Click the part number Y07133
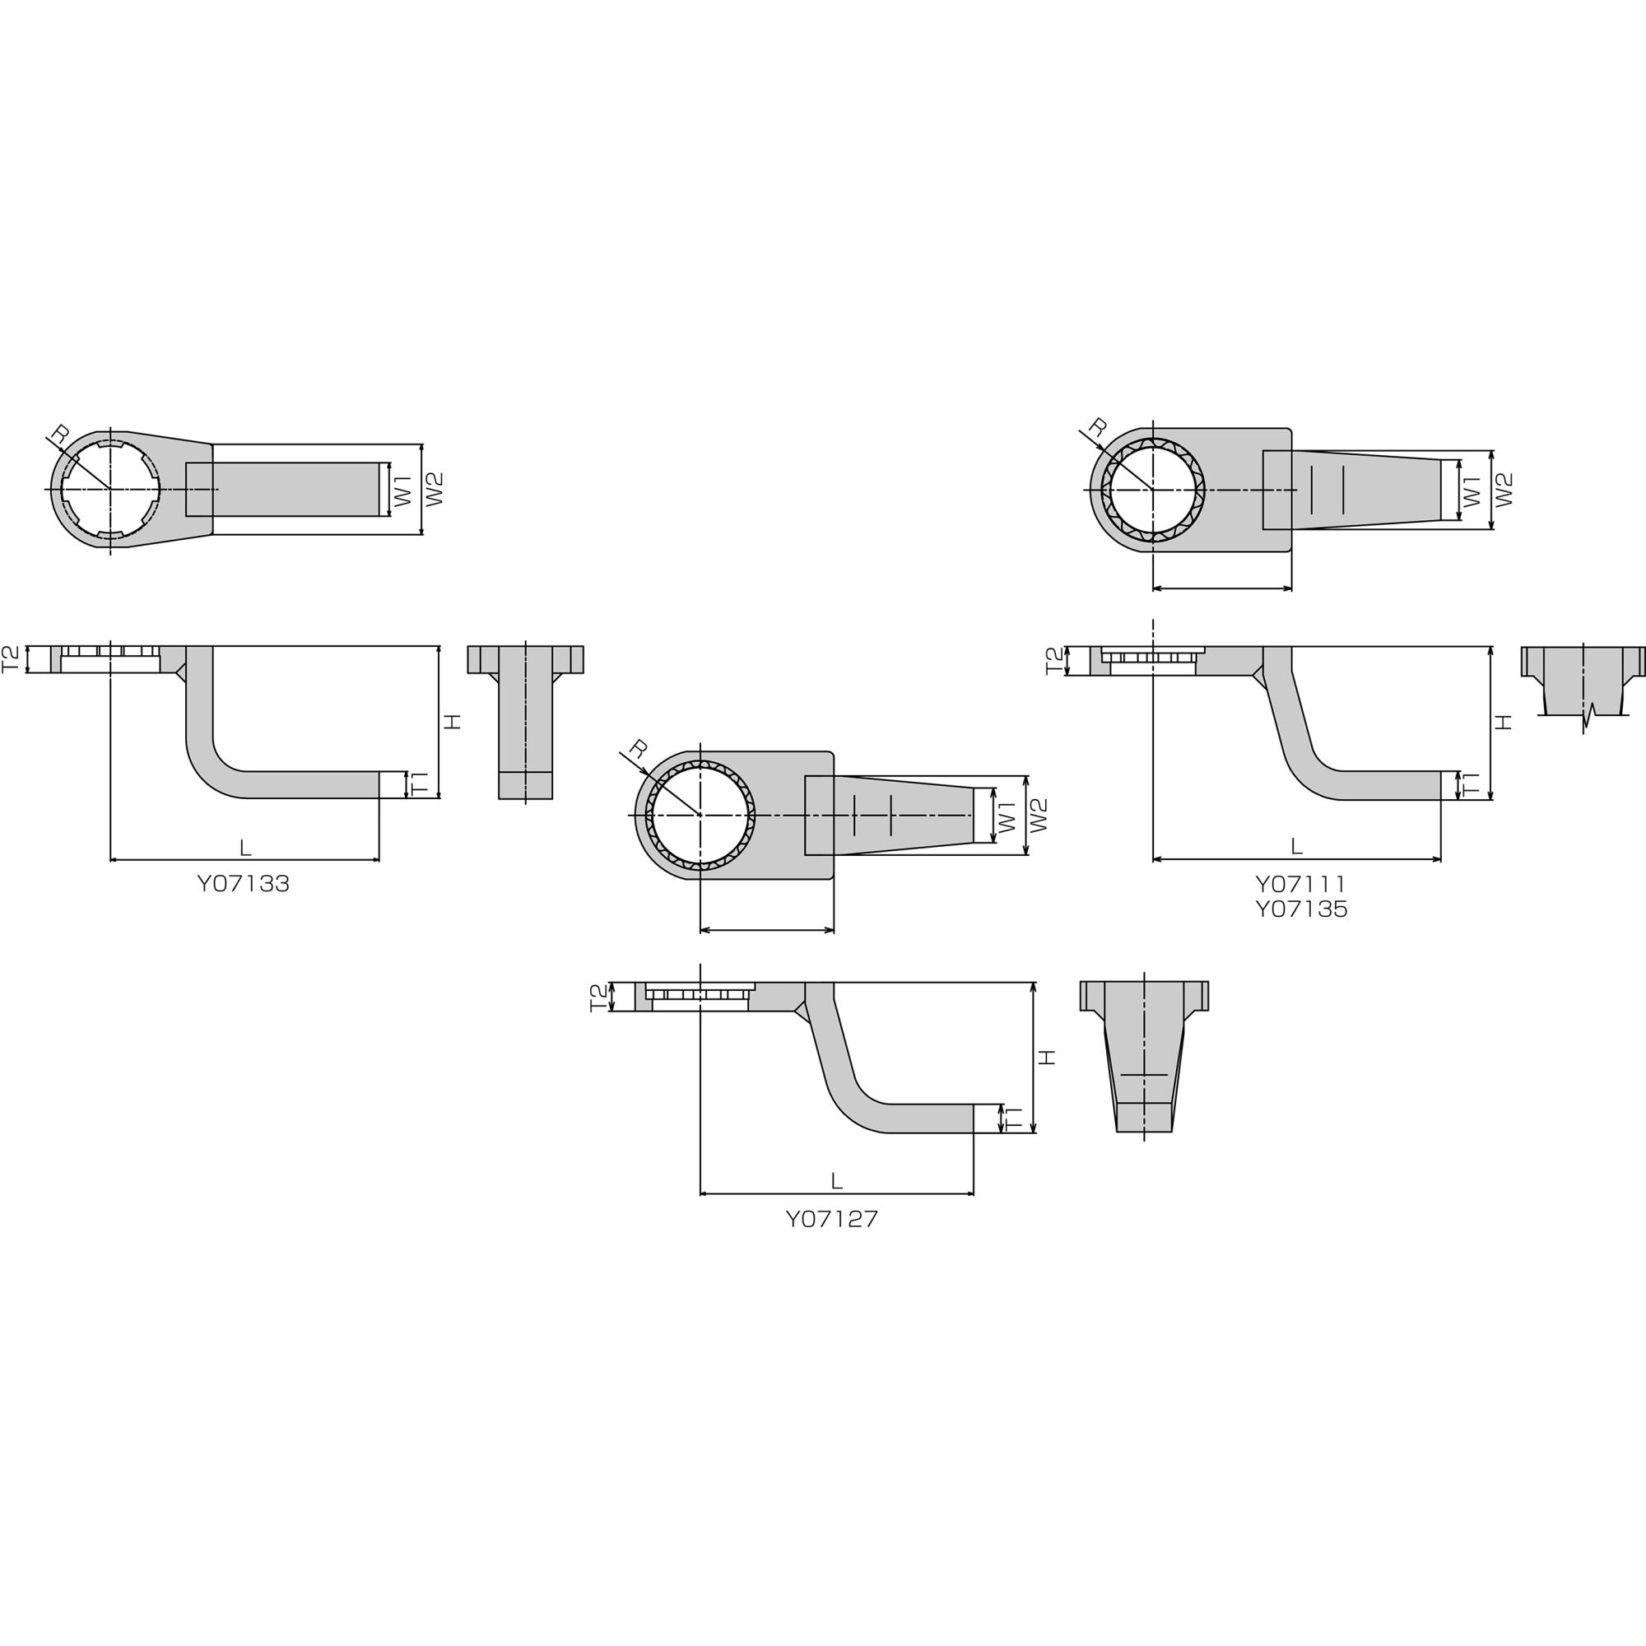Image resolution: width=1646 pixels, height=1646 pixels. [243, 885]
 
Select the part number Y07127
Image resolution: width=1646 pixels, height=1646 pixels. [831, 1219]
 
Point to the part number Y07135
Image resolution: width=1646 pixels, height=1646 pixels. [1301, 910]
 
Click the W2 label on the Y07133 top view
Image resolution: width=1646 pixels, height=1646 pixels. [435, 489]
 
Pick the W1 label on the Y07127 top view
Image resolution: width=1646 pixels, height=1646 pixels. [1007, 816]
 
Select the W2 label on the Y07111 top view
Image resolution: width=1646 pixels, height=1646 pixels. [1504, 490]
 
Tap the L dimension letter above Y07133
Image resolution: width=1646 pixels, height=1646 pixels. [245, 848]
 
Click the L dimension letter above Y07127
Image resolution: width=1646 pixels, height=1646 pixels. [837, 1182]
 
